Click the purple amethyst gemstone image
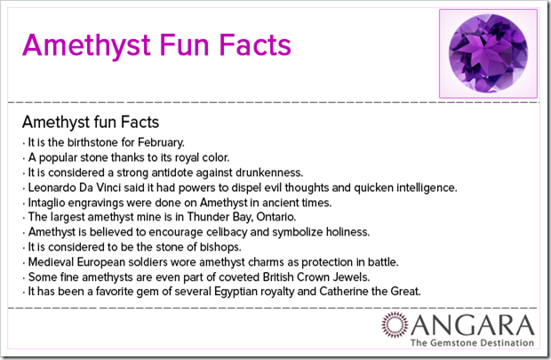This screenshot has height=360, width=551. point(488,53)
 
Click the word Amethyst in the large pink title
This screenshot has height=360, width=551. point(86,45)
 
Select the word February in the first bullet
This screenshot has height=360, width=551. point(161,142)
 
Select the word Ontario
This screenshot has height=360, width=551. point(276,217)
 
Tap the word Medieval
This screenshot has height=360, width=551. point(51,262)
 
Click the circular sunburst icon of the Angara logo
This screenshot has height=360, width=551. point(395,324)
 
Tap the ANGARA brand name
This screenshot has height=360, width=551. point(473,325)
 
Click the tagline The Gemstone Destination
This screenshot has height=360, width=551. point(472,343)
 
